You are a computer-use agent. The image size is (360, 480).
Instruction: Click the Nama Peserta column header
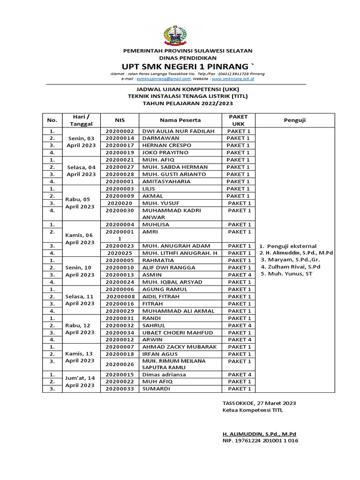pos(180,120)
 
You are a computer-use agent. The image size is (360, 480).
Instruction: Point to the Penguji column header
pos(295,120)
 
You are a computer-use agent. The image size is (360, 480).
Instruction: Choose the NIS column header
pos(120,120)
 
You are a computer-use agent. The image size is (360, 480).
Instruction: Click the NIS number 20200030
pos(120,210)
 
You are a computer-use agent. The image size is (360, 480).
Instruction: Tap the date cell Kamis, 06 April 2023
pos(80,239)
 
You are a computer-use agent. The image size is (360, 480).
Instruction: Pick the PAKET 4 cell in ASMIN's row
pos(239,275)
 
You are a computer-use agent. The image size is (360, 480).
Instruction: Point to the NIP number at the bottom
pos(260,441)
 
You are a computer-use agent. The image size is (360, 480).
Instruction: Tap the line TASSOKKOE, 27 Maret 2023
pos(259,403)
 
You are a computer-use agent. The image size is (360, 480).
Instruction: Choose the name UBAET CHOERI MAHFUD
pos(174,332)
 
